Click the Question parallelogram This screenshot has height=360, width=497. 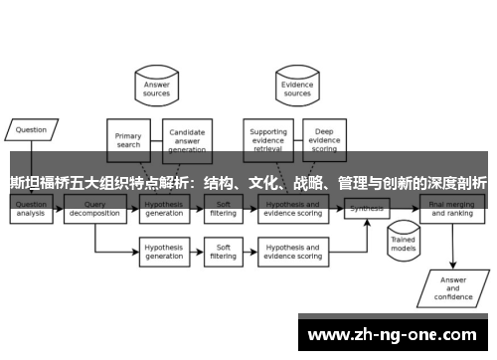pos(31,129)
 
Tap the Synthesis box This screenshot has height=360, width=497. pos(367,209)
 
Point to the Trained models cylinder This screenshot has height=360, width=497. pos(402,242)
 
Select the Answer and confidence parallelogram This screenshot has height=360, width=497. pos(453,287)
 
